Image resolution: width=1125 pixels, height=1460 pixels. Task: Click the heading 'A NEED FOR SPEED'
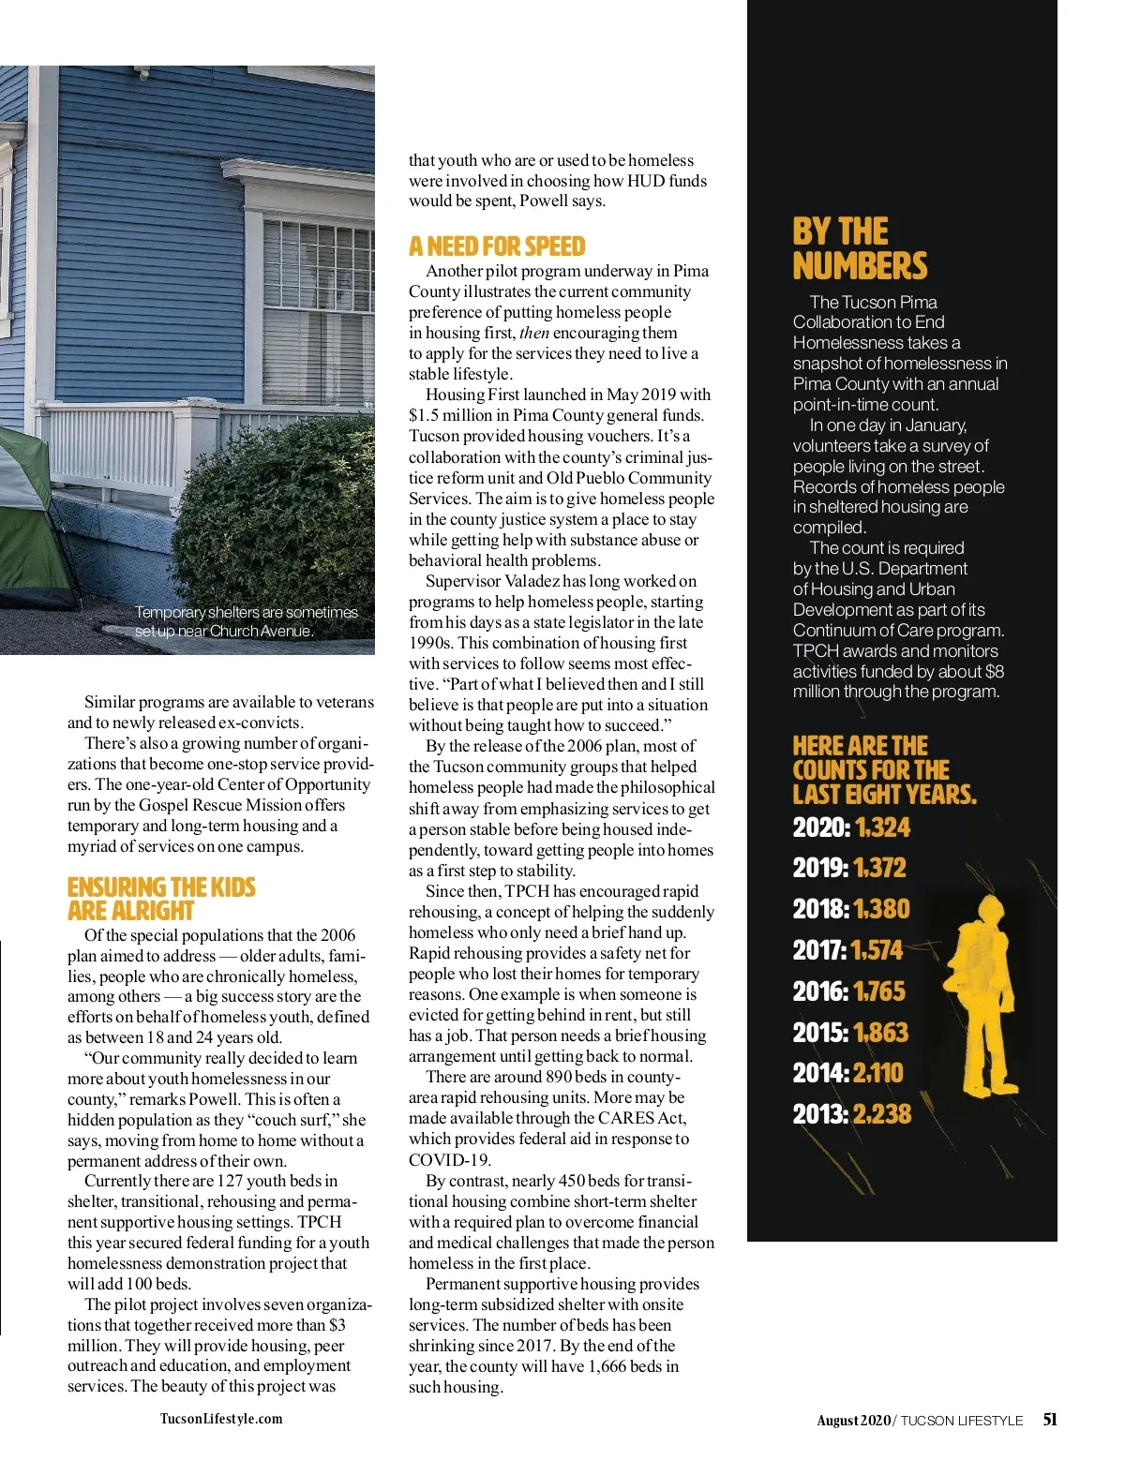pyautogui.click(x=496, y=246)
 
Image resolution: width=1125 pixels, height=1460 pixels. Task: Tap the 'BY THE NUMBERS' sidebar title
pyautogui.click(x=859, y=249)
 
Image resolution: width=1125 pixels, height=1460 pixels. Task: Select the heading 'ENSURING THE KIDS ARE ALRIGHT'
pyautogui.click(x=160, y=899)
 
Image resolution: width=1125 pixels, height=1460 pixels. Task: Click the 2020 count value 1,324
pyautogui.click(x=882, y=827)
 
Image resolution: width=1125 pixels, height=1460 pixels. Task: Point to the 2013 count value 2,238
pyautogui.click(x=882, y=1113)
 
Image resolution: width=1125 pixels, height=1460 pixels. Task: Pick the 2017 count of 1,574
pyautogui.click(x=877, y=950)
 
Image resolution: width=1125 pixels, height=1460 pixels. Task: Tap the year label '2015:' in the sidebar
pyautogui.click(x=820, y=1033)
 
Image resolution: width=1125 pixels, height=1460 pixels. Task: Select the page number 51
pyautogui.click(x=1050, y=1419)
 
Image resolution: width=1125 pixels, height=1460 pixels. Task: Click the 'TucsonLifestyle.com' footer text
pyautogui.click(x=221, y=1419)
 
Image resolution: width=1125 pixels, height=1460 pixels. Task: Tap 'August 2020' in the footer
pyautogui.click(x=853, y=1420)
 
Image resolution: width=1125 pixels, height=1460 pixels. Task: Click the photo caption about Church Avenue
pyautogui.click(x=246, y=621)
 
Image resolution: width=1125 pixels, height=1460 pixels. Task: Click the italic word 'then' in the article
pyautogui.click(x=534, y=333)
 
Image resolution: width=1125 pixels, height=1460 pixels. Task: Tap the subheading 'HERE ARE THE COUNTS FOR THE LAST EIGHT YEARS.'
pyautogui.click(x=883, y=770)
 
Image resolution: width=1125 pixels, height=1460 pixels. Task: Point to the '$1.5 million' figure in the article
pyautogui.click(x=454, y=415)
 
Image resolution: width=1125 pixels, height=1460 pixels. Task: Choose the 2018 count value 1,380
pyautogui.click(x=882, y=909)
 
